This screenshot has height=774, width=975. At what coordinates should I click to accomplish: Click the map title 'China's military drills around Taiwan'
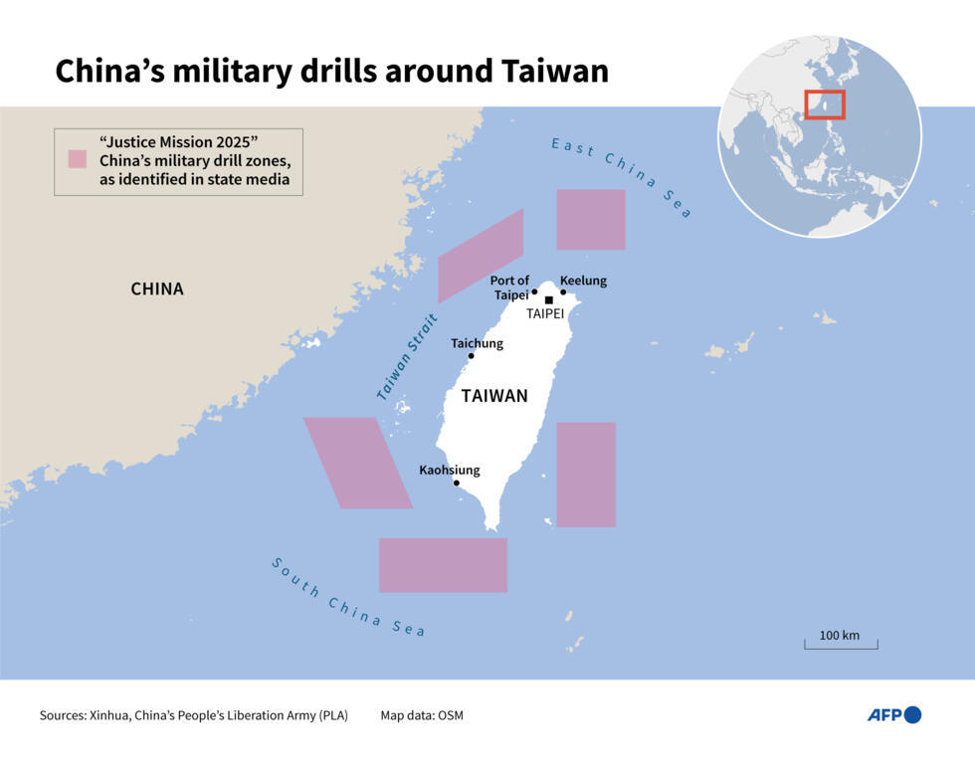click(x=331, y=71)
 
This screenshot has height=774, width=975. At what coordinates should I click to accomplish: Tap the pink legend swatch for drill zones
click(x=77, y=159)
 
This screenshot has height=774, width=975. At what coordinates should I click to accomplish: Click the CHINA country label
click(x=157, y=290)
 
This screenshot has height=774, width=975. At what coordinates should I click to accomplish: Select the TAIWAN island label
click(x=494, y=396)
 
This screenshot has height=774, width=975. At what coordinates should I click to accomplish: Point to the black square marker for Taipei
click(x=548, y=299)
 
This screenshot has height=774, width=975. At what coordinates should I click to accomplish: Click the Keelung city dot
click(x=563, y=291)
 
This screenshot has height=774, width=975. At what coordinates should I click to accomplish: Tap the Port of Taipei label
click(x=509, y=288)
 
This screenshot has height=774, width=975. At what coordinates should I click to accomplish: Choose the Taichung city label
click(x=477, y=343)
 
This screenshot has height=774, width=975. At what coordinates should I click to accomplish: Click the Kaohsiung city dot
click(x=457, y=484)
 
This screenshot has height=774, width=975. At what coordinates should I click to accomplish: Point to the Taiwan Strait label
click(x=409, y=356)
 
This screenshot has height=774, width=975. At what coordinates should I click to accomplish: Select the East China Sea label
click(x=622, y=177)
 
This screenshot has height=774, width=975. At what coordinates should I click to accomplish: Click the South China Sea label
click(x=348, y=597)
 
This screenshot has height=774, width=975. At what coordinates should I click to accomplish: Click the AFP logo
click(x=893, y=714)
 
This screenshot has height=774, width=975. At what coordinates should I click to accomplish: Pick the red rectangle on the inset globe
click(x=824, y=104)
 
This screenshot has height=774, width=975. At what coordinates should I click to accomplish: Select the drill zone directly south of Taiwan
click(x=443, y=565)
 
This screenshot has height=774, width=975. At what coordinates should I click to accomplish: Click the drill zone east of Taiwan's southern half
click(x=585, y=475)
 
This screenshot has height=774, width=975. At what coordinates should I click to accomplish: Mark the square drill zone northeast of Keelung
click(x=590, y=219)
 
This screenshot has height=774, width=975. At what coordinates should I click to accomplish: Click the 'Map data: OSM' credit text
click(x=422, y=715)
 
